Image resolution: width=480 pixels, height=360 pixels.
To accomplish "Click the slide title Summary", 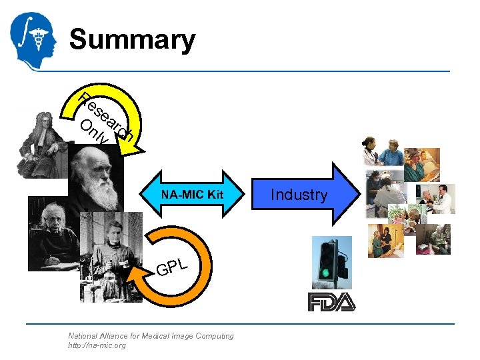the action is click(x=132, y=39).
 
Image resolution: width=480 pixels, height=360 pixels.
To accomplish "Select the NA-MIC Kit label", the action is click(x=192, y=195).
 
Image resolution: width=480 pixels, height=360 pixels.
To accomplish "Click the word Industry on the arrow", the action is click(x=299, y=195).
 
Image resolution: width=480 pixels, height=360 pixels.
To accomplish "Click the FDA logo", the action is click(x=331, y=302).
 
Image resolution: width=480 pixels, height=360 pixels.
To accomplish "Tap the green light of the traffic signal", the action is click(x=325, y=273).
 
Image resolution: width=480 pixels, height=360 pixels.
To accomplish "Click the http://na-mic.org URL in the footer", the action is click(x=97, y=345).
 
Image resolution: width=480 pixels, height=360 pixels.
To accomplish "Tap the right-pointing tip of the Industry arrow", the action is click(x=357, y=195).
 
